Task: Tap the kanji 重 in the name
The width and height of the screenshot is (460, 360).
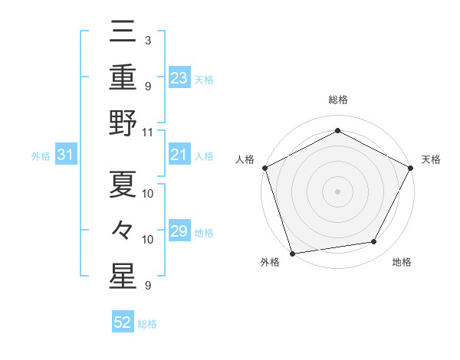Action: (x=123, y=80)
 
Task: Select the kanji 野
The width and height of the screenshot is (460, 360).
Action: (x=123, y=125)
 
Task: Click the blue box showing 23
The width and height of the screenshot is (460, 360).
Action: (x=179, y=78)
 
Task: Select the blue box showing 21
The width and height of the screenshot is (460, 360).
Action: (x=179, y=155)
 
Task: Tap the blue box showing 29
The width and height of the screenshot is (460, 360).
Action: (x=179, y=231)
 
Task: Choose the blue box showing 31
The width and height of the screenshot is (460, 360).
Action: (x=65, y=155)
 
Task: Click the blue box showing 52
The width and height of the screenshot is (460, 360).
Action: (x=123, y=323)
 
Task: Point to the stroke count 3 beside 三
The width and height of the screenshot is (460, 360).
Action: (x=147, y=39)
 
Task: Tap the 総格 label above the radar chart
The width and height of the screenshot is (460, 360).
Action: (x=337, y=100)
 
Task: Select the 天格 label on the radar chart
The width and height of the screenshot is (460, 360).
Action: (x=431, y=160)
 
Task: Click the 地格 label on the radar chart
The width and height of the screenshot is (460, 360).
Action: (x=402, y=263)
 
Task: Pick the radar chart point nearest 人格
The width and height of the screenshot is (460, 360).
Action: (x=264, y=167)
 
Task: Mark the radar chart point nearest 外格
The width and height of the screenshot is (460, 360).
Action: (x=292, y=253)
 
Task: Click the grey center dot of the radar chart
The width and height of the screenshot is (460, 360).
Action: (x=337, y=191)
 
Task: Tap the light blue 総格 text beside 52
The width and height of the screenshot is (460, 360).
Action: (x=147, y=324)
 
